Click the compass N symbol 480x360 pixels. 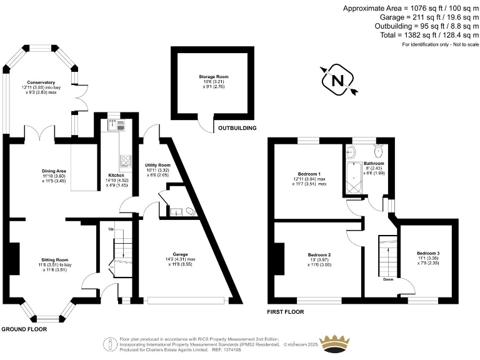pyautogui.click(x=337, y=81)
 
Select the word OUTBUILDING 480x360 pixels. pyautogui.click(x=237, y=128)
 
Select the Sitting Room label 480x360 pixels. pyautogui.click(x=54, y=259)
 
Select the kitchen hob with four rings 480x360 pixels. pyautogui.click(x=126, y=161)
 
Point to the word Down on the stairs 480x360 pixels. pyautogui.click(x=388, y=279)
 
